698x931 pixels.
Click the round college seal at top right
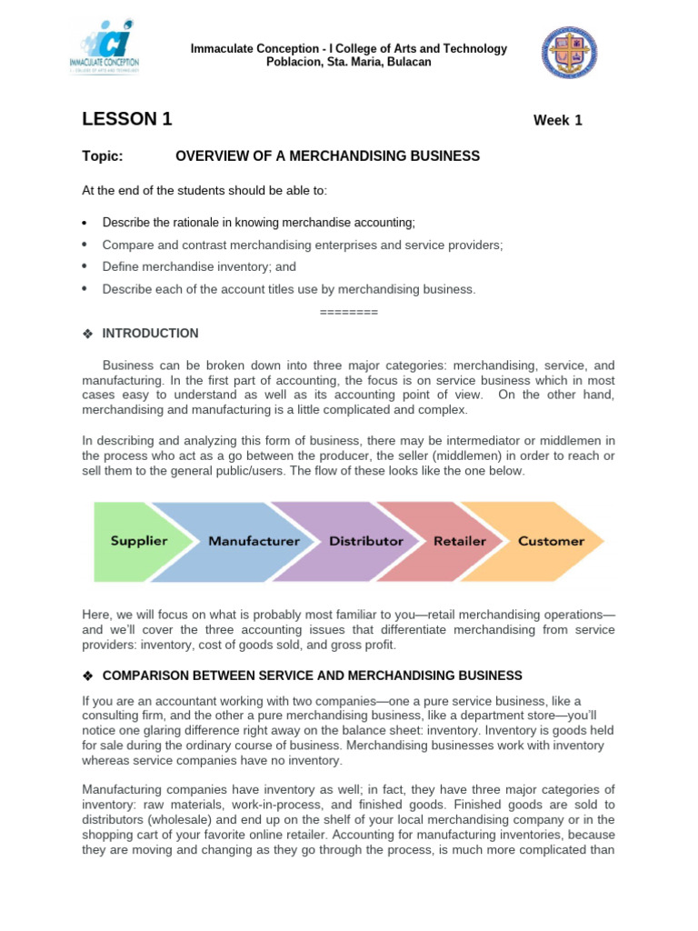click(x=571, y=53)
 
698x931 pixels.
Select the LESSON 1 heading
click(x=127, y=119)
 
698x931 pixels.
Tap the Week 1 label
click(x=557, y=121)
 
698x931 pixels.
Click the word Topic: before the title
click(x=102, y=156)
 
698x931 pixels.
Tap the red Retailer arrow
click(x=460, y=541)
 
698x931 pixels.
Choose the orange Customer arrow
click(x=551, y=541)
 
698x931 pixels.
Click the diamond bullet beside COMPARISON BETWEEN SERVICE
click(x=88, y=676)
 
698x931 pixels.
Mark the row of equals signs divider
click(x=349, y=312)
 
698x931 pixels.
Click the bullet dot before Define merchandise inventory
click(x=84, y=267)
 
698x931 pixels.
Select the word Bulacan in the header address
click(x=408, y=62)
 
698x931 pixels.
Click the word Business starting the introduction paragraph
click(x=128, y=365)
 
